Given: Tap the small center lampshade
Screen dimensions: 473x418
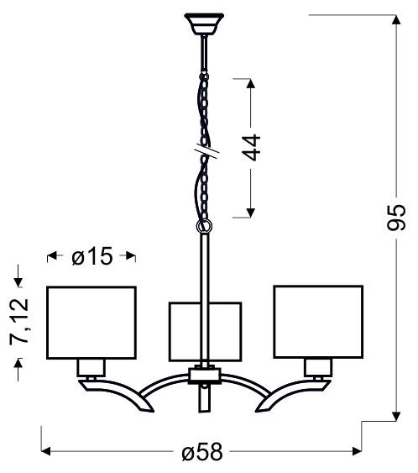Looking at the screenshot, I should (x=205, y=332).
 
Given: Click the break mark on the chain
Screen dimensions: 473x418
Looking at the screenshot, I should (x=204, y=151).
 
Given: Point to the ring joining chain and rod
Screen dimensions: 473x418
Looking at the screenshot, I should (x=204, y=227).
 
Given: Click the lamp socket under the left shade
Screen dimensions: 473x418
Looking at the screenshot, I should (x=91, y=367).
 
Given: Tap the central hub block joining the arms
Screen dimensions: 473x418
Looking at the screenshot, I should (x=204, y=374).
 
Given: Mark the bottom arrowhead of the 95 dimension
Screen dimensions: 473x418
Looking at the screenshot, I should (x=395, y=417).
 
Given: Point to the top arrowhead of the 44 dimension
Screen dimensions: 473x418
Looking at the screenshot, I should (x=249, y=82).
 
